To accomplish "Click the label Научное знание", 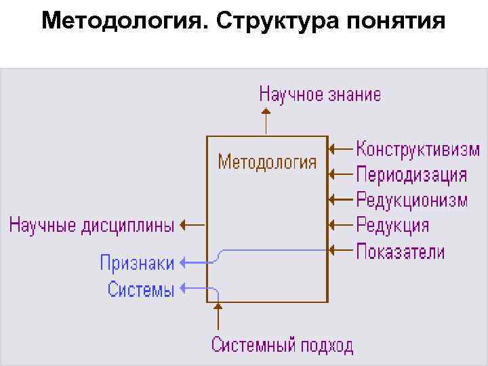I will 320,94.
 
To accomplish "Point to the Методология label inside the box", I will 267,163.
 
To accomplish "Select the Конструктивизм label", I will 418,148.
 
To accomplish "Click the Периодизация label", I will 411,174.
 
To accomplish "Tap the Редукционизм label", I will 411,200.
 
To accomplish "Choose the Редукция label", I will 392,225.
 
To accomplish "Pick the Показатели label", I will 401,251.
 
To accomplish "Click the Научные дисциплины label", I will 91,225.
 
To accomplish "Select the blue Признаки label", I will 137,263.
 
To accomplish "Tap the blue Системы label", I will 141,290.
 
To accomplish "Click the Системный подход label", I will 282,345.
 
